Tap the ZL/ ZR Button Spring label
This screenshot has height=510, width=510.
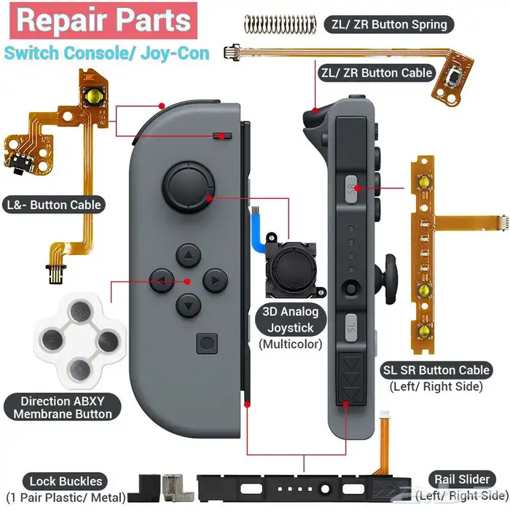pos(389,24)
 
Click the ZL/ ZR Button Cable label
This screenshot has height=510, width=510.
pos(377,72)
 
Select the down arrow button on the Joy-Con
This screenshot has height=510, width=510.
pos(189,304)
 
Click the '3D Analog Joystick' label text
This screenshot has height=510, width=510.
pos(291,320)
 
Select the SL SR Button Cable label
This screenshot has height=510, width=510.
pos(436,370)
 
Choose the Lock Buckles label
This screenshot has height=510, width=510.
pos(66,481)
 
